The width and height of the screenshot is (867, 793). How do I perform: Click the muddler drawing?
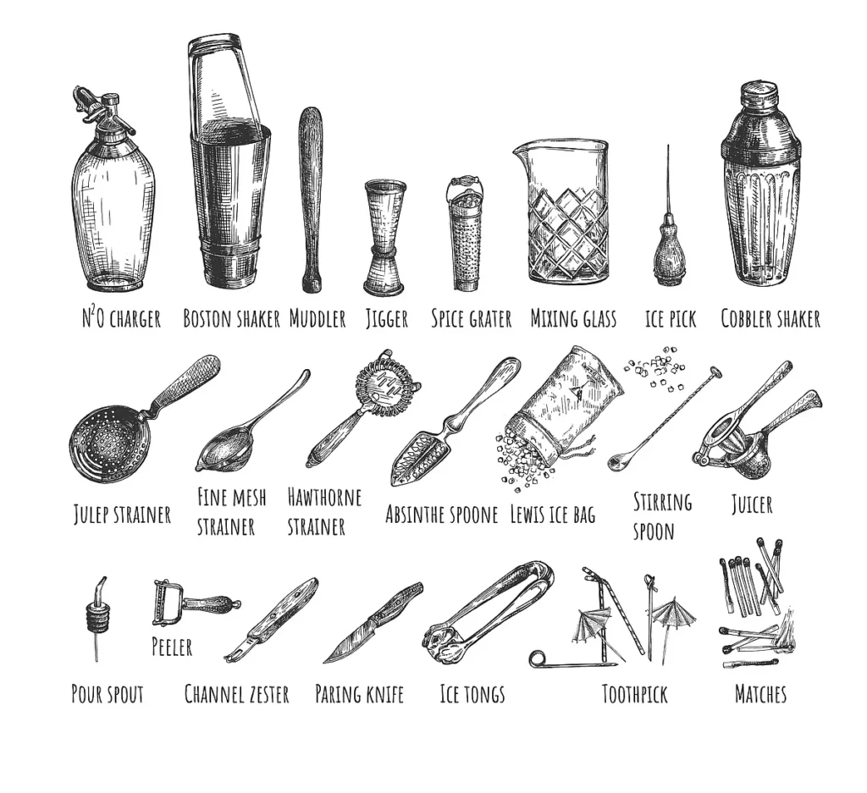311,199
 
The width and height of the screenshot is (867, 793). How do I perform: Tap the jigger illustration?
384,237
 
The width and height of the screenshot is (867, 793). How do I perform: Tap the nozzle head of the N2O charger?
95,106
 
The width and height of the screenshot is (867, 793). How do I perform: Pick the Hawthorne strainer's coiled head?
387,385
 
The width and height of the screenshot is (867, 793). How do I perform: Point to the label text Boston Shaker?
231,319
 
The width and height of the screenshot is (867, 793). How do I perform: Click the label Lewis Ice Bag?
552,515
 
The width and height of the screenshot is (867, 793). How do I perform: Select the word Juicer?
751,505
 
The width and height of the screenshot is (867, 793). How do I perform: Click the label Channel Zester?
236,695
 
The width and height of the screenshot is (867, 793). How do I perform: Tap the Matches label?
759,695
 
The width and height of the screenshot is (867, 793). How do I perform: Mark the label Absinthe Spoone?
441,515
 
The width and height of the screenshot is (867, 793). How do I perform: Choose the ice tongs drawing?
487,611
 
